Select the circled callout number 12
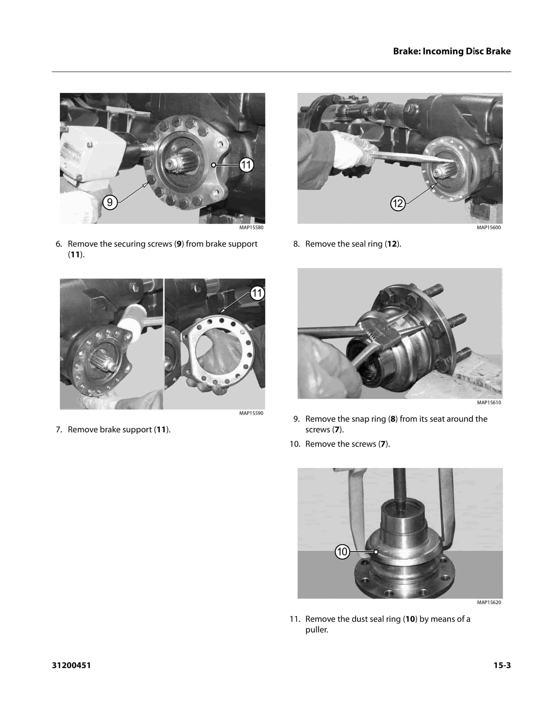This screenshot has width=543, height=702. coord(398,203)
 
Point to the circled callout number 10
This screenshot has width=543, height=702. coord(342,552)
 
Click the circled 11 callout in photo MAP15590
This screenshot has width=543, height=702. coord(257,293)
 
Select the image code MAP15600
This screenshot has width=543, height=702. coord(489,228)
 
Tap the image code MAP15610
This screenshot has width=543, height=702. coord(489,402)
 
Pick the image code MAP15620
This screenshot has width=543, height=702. coord(489,602)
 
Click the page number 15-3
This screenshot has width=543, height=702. coord(502,665)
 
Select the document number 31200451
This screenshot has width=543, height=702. coord(71,665)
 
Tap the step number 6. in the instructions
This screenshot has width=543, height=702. coord(59,244)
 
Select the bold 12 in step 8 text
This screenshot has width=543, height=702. coord(392,244)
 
